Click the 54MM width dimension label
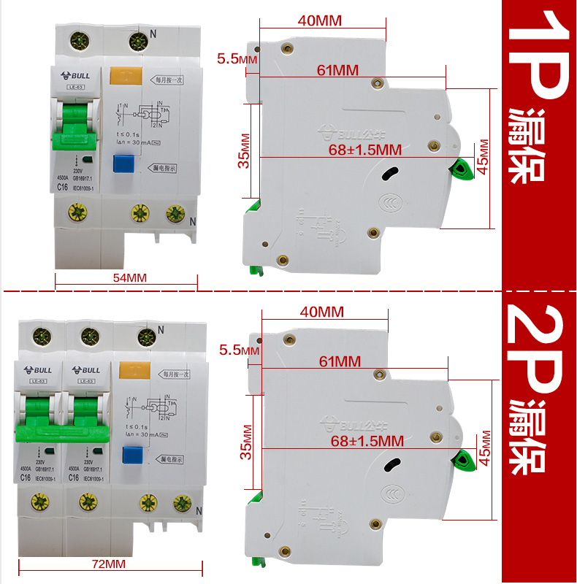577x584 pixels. click(x=130, y=277)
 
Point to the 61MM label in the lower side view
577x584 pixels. click(x=339, y=361)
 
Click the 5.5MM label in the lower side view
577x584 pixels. click(x=238, y=350)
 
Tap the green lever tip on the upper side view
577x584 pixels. click(x=460, y=169)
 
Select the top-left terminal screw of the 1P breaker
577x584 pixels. click(x=75, y=42)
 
